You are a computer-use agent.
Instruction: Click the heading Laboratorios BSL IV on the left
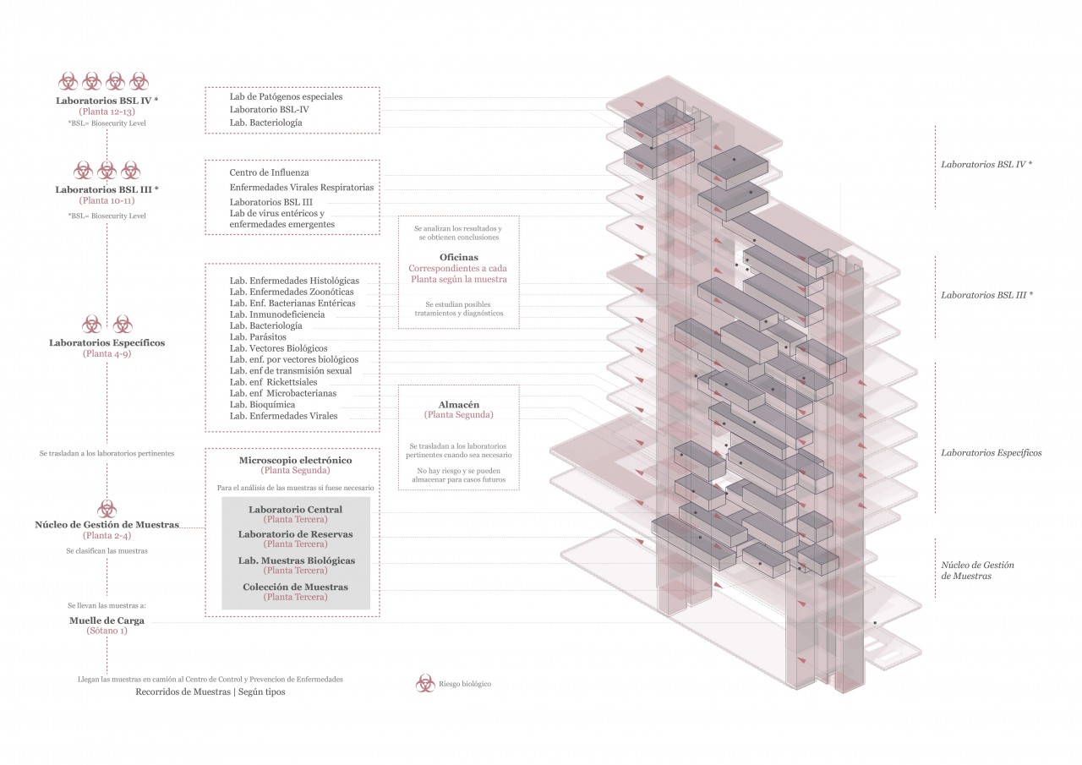pyautogui.click(x=107, y=101)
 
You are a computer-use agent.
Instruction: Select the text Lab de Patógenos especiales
pyautogui.click(x=286, y=96)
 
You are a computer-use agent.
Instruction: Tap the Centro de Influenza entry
pyautogui.click(x=269, y=172)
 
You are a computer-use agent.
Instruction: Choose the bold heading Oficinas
pyautogui.click(x=458, y=257)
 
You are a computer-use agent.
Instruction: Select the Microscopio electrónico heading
pyautogui.click(x=295, y=460)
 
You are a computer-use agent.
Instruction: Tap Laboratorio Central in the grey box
pyautogui.click(x=295, y=510)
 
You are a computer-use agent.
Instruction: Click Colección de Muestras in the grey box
pyautogui.click(x=295, y=587)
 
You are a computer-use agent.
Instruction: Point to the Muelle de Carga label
pyautogui.click(x=107, y=620)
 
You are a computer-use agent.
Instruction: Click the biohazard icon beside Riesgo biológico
pyautogui.click(x=425, y=683)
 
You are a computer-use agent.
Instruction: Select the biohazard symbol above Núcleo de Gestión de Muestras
pyautogui.click(x=107, y=508)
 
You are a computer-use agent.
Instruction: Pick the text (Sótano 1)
pyautogui.click(x=107, y=631)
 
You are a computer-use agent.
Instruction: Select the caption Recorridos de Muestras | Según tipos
pyautogui.click(x=210, y=691)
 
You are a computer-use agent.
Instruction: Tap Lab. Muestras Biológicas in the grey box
pyautogui.click(x=295, y=560)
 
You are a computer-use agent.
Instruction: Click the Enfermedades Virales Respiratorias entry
pyautogui.click(x=302, y=187)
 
